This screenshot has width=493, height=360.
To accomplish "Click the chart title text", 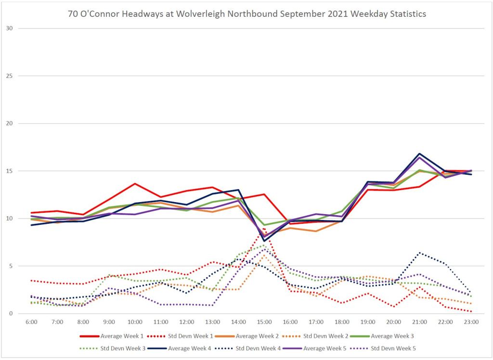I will [x=246, y=14].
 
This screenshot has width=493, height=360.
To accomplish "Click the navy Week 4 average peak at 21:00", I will [x=419, y=154].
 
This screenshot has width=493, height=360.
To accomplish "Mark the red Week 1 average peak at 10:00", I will [x=135, y=183].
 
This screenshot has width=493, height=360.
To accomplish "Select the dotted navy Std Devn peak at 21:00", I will [x=419, y=253].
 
